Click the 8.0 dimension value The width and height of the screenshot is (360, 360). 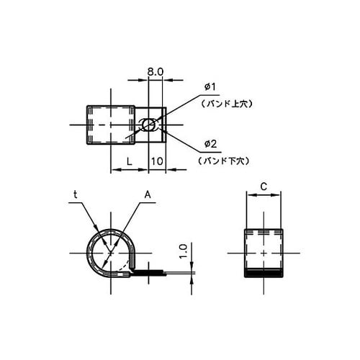(157, 72)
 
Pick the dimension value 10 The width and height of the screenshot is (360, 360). (158, 163)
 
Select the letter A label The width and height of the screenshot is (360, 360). (147, 194)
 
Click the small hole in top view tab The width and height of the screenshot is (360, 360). (148, 125)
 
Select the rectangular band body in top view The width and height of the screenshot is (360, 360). (112, 126)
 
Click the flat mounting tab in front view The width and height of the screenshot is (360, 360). (148, 273)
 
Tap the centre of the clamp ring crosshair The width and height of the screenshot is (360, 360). (112, 253)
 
